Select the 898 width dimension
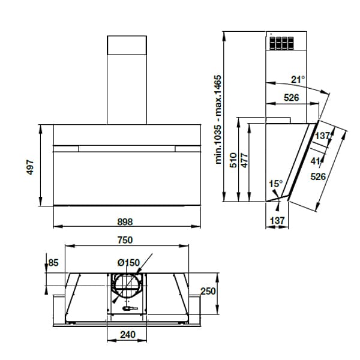(x=125, y=221)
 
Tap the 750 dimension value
(x=124, y=239)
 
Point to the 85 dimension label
(x=53, y=262)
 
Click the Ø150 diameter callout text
(x=128, y=262)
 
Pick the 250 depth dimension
(x=208, y=291)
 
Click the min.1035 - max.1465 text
(x=219, y=119)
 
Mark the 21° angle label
(x=298, y=79)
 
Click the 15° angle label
(x=275, y=184)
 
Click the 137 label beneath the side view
(x=277, y=221)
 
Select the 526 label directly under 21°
(x=292, y=97)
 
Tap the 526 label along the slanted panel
(x=318, y=176)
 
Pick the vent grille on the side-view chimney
(x=281, y=44)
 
